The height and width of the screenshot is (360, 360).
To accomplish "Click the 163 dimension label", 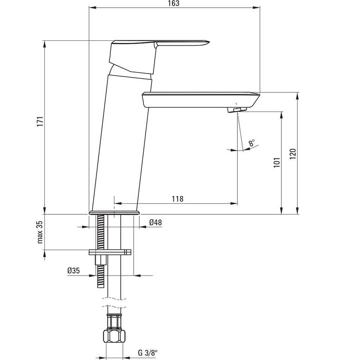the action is (x=174, y=4).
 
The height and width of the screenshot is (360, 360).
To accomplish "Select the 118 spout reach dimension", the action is (x=178, y=199).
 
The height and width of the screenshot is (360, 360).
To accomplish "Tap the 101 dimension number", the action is (x=277, y=163).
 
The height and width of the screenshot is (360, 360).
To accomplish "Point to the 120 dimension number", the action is (x=293, y=154).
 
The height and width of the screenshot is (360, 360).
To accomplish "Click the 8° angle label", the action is (x=252, y=143).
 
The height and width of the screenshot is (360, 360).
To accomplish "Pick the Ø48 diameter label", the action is (x=156, y=222).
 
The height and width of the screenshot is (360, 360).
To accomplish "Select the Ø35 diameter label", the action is (x=73, y=271).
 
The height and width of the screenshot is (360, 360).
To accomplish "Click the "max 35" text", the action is (x=40, y=232).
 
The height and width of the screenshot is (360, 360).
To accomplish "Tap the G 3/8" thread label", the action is (x=148, y=353).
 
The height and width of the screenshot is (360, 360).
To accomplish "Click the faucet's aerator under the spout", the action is (x=237, y=109).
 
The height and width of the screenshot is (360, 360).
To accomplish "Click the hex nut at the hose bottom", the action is (x=114, y=337).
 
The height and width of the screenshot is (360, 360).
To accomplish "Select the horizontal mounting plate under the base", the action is (x=110, y=252).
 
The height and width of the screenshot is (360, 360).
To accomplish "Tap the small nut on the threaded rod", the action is (x=100, y=260).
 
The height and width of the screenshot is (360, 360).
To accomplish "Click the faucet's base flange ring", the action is (x=114, y=213).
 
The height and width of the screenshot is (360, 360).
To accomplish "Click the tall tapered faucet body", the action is (x=122, y=142).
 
